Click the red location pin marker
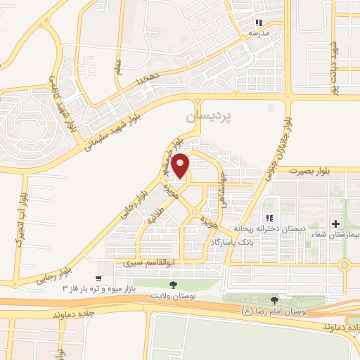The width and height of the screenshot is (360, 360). tap(181, 166)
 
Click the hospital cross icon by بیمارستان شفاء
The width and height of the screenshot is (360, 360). tap(345, 224)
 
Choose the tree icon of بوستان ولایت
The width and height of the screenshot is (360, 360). tap(173, 286)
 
